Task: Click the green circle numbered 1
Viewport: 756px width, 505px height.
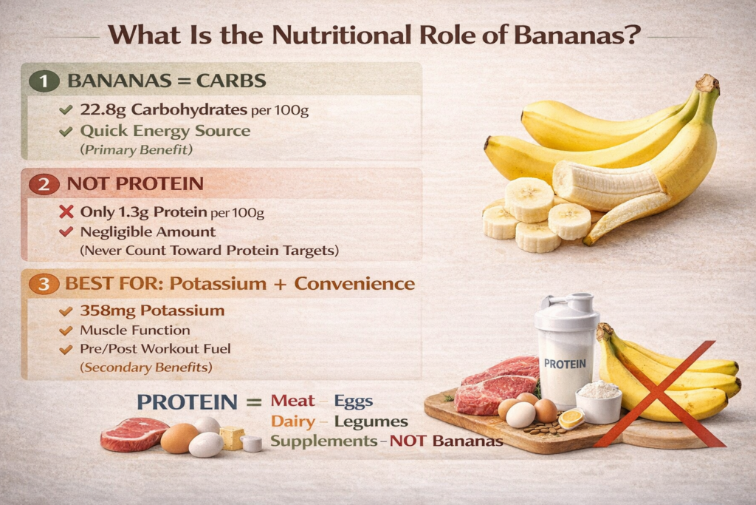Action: coord(44,81)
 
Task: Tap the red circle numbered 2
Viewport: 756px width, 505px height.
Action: coord(44,184)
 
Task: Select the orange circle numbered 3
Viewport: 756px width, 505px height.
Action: coord(44,284)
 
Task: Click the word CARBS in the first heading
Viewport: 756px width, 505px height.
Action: coord(231,81)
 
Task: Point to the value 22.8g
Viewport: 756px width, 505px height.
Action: coord(103,110)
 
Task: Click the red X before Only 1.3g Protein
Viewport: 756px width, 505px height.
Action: coord(66,211)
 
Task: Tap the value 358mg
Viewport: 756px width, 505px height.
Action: coord(108,311)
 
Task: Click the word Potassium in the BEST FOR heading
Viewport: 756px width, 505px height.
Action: coord(218,284)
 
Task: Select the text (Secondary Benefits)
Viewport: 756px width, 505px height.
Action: coord(146,367)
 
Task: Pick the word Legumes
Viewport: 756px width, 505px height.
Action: coord(371,422)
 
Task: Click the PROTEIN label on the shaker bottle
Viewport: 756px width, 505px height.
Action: coord(565,364)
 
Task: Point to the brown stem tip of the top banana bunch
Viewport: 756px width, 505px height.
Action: coord(708,83)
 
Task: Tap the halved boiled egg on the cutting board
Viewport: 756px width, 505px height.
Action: coord(572,418)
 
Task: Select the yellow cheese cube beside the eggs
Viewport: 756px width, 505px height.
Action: coord(232,438)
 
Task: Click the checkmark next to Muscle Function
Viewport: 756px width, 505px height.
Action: coord(66,331)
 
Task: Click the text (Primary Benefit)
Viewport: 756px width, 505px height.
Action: coord(137,149)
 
